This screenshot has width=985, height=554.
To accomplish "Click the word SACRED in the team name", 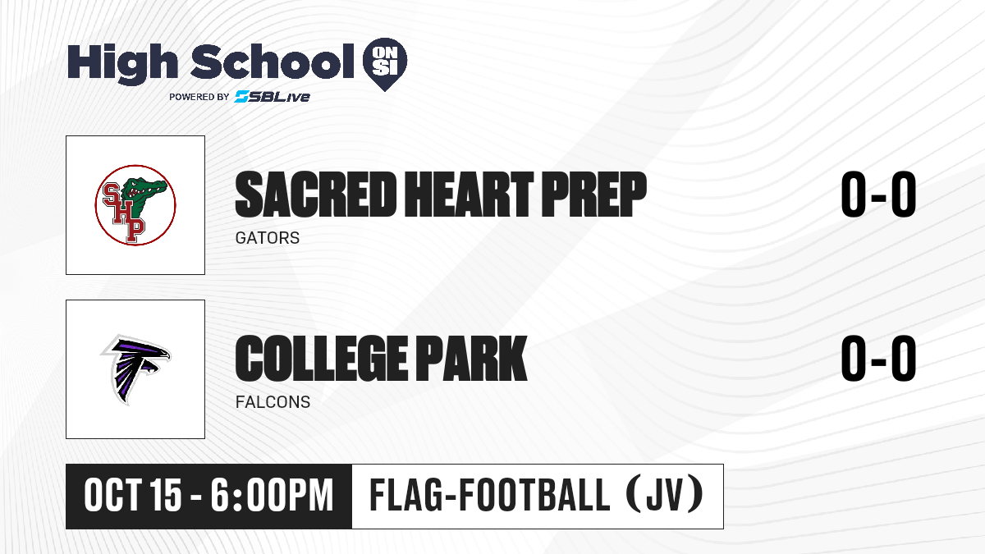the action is pyautogui.click(x=316, y=195).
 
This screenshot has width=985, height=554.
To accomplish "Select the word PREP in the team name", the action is pyautogui.click(x=593, y=195).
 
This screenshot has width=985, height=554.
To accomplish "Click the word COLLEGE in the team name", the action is pyautogui.click(x=322, y=359).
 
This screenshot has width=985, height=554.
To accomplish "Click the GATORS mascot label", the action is pyautogui.click(x=268, y=238).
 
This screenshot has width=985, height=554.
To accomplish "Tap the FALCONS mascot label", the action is pyautogui.click(x=273, y=402).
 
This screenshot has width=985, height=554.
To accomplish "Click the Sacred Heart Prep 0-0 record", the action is pyautogui.click(x=878, y=195).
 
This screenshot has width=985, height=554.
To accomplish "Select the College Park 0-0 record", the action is pyautogui.click(x=878, y=359).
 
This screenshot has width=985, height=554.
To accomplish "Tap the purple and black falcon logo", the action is pyautogui.click(x=135, y=369).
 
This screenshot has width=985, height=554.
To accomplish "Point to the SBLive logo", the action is pyautogui.click(x=272, y=96).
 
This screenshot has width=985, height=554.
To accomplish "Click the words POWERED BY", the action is pyautogui.click(x=199, y=97).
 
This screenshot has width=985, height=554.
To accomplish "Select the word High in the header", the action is pyautogui.click(x=123, y=63).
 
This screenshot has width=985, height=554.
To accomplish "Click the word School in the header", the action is pyautogui.click(x=273, y=61).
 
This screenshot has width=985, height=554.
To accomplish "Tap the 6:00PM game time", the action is pyautogui.click(x=272, y=496).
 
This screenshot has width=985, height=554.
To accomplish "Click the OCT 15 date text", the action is pyautogui.click(x=132, y=496).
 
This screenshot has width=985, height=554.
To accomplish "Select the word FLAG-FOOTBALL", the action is pyautogui.click(x=490, y=496).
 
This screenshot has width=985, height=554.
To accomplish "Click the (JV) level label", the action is pyautogui.click(x=664, y=496).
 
